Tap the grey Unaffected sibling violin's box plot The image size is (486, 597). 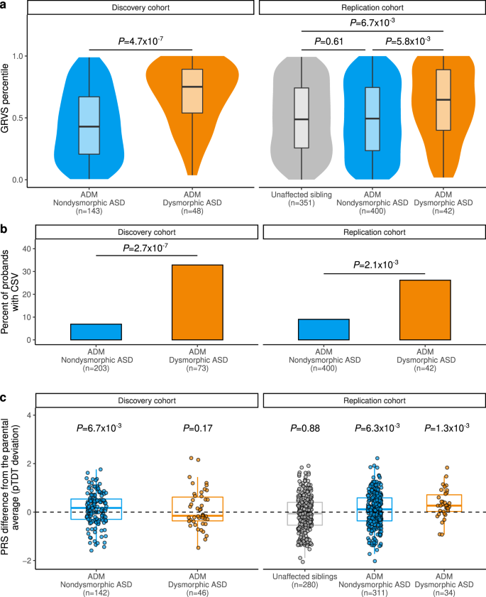tap(302, 118)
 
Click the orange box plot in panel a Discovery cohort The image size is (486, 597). tap(192, 91)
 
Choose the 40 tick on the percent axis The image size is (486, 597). tap(29, 249)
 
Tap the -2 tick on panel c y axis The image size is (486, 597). tap(29, 561)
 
